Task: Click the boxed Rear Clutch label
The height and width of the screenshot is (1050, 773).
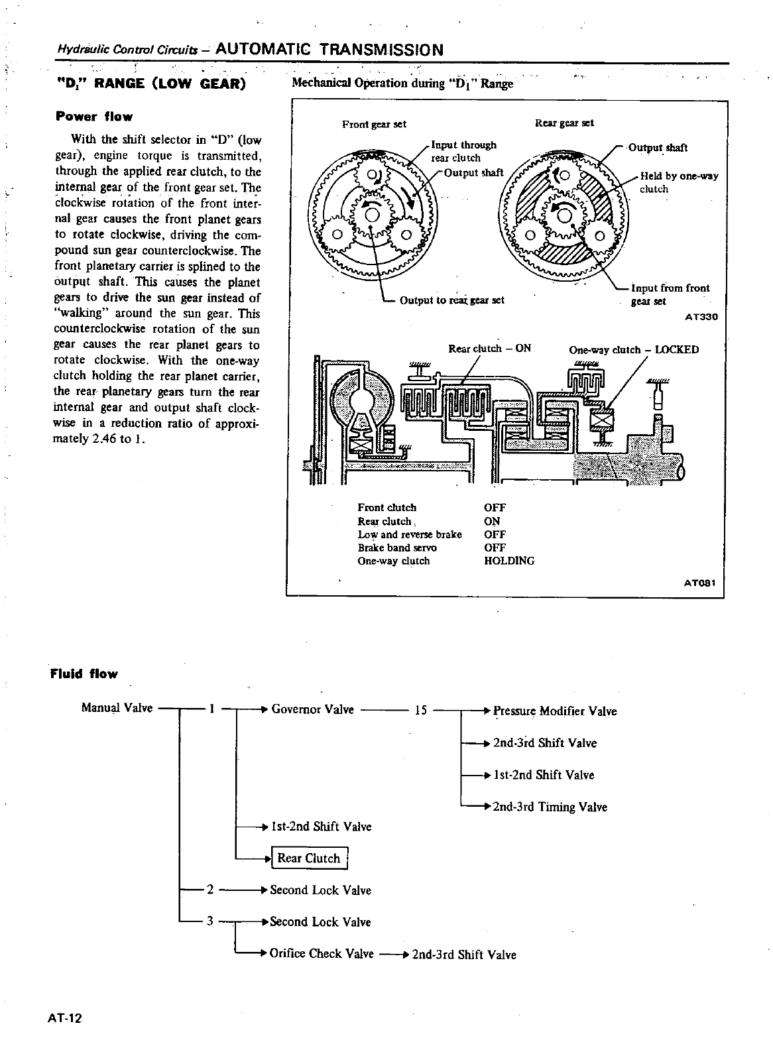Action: (x=308, y=858)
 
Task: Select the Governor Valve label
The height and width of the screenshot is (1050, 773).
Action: (x=312, y=709)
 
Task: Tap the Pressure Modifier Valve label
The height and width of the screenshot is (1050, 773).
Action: (x=555, y=711)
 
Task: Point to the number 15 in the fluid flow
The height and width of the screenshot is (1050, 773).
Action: (x=420, y=711)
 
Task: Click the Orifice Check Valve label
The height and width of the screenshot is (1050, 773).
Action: (x=322, y=954)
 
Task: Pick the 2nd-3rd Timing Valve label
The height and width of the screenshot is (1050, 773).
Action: (x=550, y=807)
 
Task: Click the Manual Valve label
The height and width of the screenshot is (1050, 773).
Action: (x=117, y=708)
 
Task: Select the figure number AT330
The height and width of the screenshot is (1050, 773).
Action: (x=701, y=317)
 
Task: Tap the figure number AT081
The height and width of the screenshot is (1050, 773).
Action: (x=701, y=584)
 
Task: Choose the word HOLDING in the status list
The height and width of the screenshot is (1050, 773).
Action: (x=509, y=561)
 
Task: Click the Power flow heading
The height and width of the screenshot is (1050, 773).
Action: (x=94, y=117)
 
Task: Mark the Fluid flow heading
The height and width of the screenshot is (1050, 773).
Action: (x=84, y=674)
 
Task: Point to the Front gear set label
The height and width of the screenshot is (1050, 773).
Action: (x=374, y=124)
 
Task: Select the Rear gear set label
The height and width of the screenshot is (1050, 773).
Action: (x=564, y=123)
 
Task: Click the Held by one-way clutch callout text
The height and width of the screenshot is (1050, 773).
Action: (x=678, y=182)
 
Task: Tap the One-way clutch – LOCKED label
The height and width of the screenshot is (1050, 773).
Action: (x=634, y=350)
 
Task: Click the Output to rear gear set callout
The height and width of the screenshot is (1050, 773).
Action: (x=452, y=300)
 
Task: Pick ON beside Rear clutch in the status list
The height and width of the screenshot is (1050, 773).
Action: (x=492, y=521)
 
